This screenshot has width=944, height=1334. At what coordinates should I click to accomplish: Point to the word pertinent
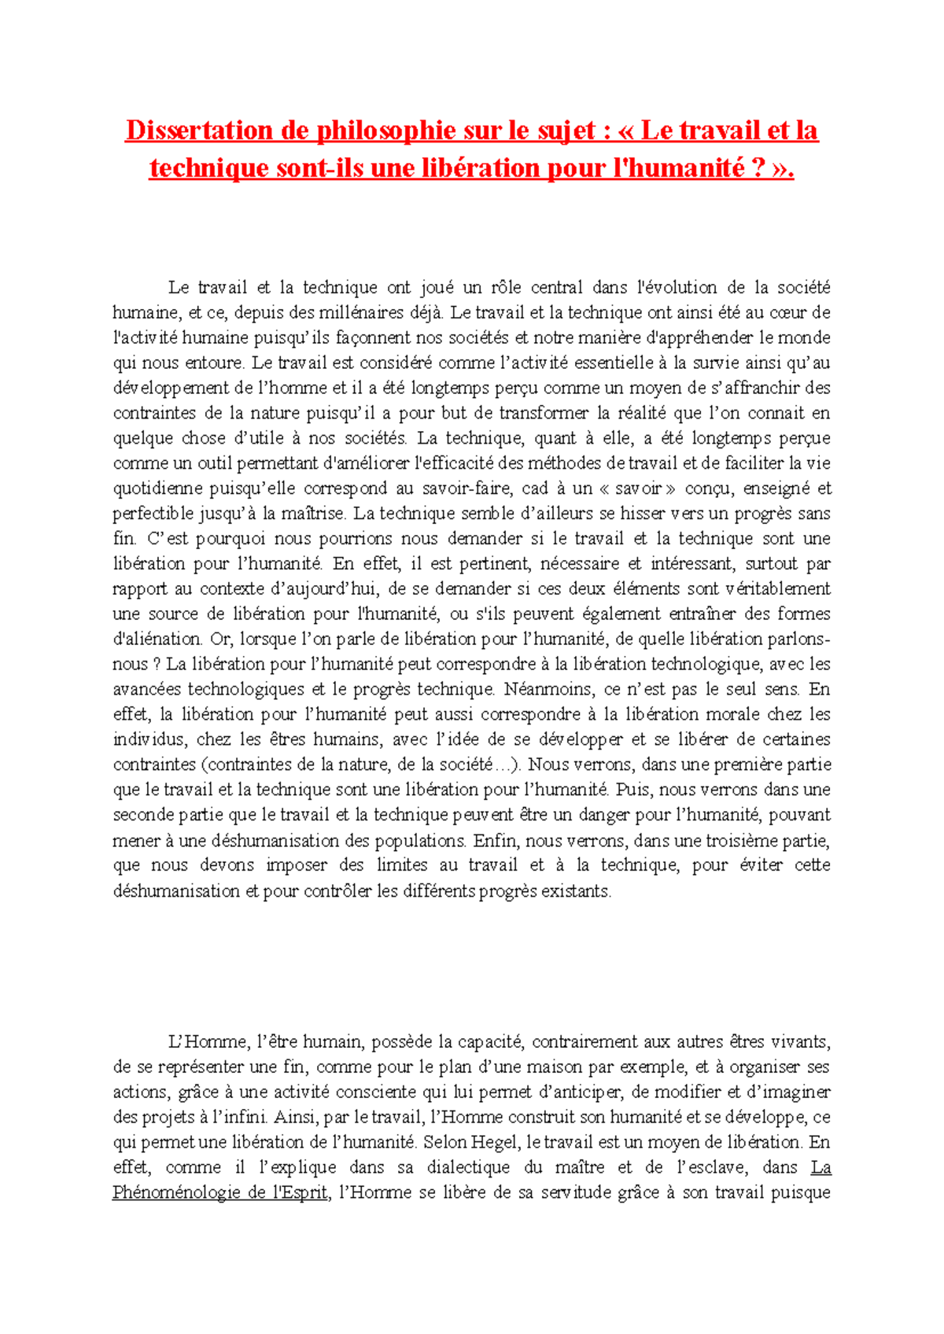[x=481, y=564]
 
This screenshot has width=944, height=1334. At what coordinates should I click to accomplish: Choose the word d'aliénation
[x=157, y=639]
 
